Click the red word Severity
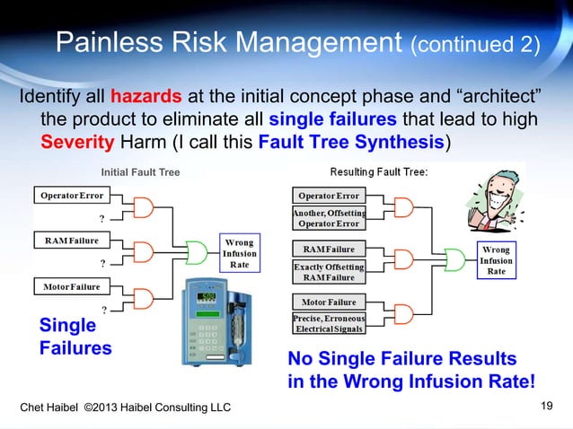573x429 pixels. pos(75,142)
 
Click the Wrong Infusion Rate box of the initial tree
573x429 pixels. pos(238,253)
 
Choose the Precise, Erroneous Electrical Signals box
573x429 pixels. pos(328,324)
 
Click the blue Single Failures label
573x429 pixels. pos(75,337)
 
